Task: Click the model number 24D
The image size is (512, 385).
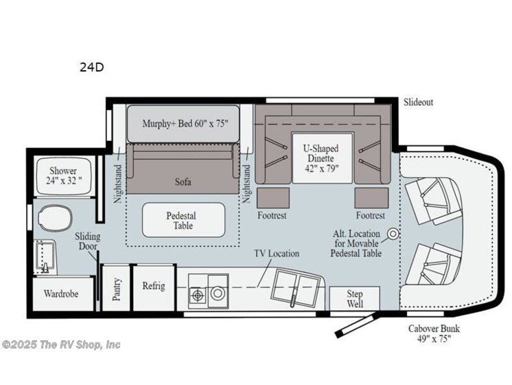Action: coord(92,67)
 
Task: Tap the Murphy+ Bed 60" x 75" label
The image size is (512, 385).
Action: coord(183,124)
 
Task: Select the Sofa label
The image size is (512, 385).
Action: coord(183,182)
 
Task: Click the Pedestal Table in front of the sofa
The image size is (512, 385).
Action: coord(183,220)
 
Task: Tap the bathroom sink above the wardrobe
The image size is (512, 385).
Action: coord(47,257)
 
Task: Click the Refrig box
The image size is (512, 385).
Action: coord(153,287)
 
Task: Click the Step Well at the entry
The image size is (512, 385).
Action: coord(355,299)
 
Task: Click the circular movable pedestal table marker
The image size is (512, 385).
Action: coord(393,234)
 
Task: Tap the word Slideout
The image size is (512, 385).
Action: coord(418,102)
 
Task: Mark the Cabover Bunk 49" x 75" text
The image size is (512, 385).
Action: coord(431,333)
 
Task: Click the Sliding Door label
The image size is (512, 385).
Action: coord(87,242)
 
